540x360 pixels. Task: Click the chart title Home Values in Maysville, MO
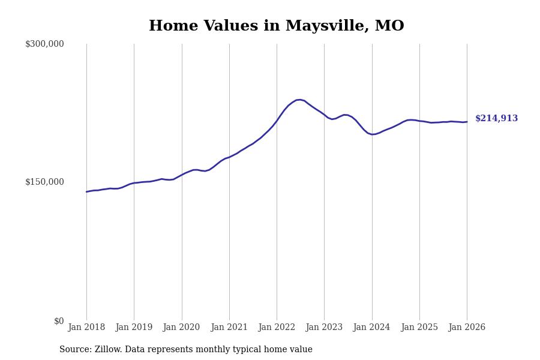[276, 26]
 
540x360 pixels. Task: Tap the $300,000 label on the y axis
[44, 44]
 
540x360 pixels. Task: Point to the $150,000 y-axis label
[44, 182]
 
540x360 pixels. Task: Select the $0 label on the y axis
[59, 321]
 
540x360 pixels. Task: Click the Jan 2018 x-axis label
[86, 328]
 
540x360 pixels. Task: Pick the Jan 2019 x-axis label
[134, 328]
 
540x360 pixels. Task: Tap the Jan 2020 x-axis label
[181, 328]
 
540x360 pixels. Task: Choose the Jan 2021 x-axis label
[229, 328]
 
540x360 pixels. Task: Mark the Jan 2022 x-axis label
[277, 328]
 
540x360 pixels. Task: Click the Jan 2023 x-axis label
[324, 328]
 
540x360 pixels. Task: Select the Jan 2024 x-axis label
[371, 328]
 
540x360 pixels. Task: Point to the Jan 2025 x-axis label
[419, 328]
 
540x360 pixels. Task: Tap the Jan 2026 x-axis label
[467, 328]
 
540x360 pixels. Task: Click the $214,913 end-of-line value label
[496, 119]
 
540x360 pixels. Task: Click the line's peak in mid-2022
[299, 100]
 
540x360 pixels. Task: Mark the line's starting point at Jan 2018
[86, 192]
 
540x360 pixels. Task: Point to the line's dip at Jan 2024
[373, 134]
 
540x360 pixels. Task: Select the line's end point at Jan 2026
[467, 122]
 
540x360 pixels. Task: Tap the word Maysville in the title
[325, 26]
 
